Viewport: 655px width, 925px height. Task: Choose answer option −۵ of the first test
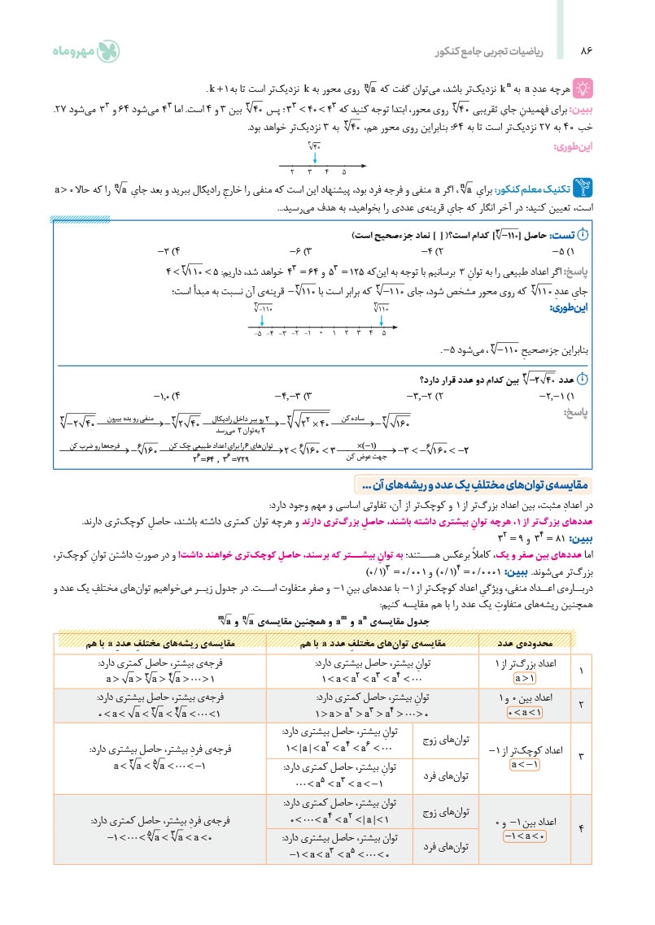[570, 250]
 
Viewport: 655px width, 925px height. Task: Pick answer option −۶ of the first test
[298, 250]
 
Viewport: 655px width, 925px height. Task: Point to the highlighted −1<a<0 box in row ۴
[526, 836]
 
